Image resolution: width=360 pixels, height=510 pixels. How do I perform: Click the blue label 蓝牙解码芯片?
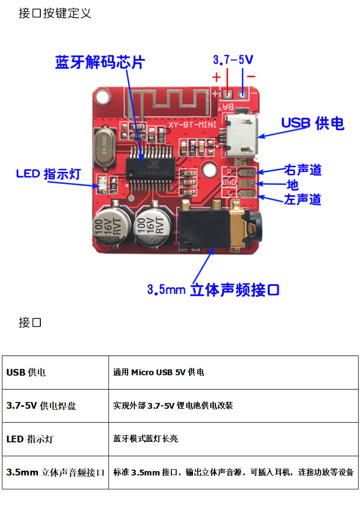pyautogui.click(x=99, y=62)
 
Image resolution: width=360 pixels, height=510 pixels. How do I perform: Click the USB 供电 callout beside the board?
pyautogui.click(x=312, y=123)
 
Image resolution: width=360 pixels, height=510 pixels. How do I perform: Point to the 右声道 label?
pyautogui.click(x=302, y=170)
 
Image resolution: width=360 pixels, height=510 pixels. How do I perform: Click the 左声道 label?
pyautogui.click(x=302, y=199)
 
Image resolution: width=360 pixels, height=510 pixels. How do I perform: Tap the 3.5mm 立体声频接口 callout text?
pyautogui.click(x=213, y=290)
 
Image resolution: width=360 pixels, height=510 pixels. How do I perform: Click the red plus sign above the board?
pyautogui.click(x=216, y=77)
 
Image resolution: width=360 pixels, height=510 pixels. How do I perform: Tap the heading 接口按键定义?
pyautogui.click(x=55, y=13)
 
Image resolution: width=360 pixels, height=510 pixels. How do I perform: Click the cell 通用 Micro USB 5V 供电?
pyautogui.click(x=158, y=372)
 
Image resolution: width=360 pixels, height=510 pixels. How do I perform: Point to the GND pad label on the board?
pyautogui.click(x=229, y=182)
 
